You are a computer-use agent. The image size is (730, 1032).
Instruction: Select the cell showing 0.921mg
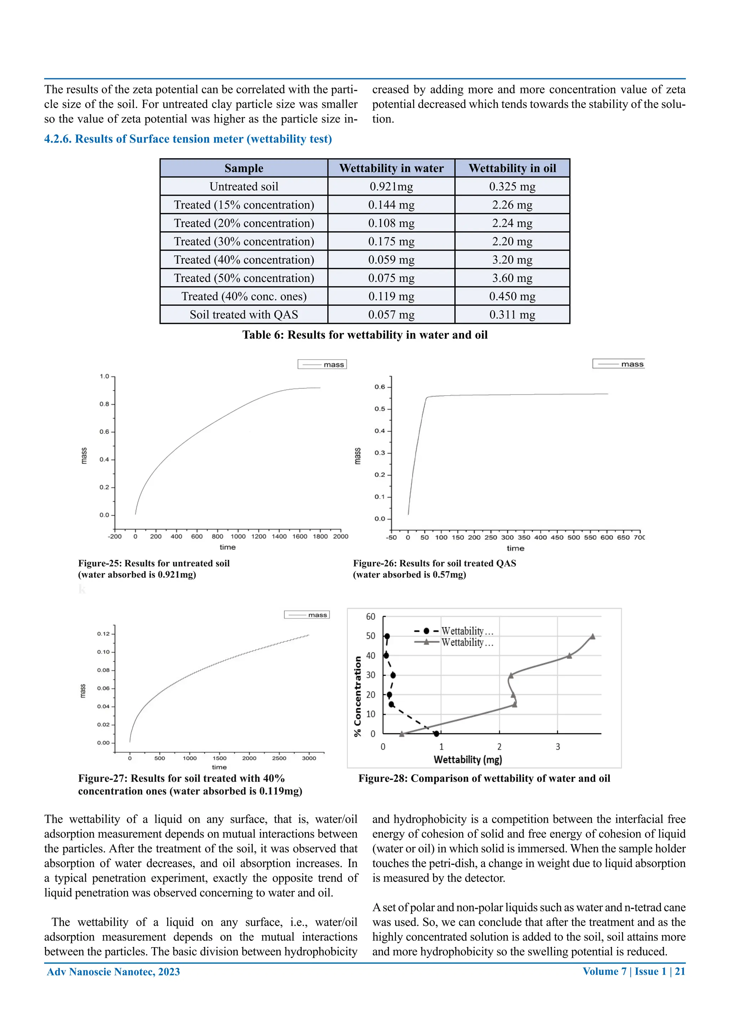[x=391, y=186]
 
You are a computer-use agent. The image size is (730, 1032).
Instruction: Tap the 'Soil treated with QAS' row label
[x=244, y=315]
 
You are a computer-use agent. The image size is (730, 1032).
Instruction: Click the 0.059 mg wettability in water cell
[x=391, y=260]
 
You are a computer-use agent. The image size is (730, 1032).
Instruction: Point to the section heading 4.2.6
[x=188, y=139]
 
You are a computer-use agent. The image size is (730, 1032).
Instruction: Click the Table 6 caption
[x=365, y=335]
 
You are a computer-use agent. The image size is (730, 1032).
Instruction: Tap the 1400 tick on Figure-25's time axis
[x=279, y=536]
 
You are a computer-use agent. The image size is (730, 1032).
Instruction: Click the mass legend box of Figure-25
[x=322, y=365]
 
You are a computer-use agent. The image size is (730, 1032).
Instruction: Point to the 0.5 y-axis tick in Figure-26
[x=380, y=409]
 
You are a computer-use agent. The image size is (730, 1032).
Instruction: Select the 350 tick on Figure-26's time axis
[x=524, y=538]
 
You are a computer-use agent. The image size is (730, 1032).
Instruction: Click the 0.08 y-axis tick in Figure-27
[x=103, y=670]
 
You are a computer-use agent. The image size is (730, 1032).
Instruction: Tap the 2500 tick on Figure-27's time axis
[x=279, y=758]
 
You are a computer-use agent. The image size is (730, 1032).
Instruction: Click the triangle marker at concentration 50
[x=592, y=636]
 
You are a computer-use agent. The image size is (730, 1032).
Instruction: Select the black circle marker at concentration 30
[x=393, y=675]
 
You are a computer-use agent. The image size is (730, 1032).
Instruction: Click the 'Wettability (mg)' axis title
[x=468, y=760]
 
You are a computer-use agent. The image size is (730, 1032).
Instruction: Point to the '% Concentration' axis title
[x=358, y=696]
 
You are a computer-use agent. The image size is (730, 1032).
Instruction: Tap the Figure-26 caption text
[x=434, y=569]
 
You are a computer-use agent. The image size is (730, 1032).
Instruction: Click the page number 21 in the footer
[x=680, y=971]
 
